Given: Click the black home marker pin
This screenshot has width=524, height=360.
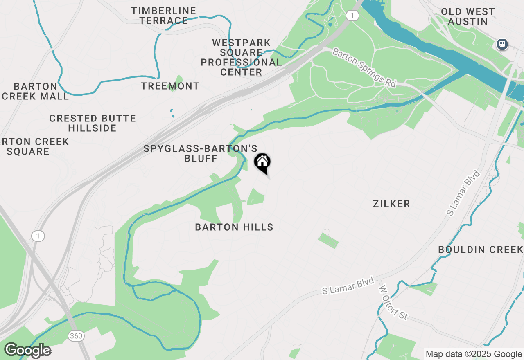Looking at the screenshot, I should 262,163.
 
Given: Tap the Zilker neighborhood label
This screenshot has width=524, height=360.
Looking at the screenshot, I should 391,204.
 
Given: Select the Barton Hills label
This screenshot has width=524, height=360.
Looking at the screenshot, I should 234,227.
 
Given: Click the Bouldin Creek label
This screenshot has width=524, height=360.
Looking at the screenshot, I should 481,250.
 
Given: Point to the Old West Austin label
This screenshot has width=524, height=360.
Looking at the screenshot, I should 468,16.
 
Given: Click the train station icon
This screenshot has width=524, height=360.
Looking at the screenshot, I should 502,44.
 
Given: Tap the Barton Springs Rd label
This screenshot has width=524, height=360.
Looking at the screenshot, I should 364,67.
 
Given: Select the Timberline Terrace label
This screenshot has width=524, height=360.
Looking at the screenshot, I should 164,16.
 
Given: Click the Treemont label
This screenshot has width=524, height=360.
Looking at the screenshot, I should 170,86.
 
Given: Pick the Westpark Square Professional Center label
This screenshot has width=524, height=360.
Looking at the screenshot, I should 241,57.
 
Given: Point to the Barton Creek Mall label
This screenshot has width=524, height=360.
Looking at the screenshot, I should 35,91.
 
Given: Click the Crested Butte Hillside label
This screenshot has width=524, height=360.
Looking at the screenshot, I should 93,123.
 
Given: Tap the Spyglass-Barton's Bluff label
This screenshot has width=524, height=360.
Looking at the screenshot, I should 201,153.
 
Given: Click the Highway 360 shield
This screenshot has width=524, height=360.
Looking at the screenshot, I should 76,336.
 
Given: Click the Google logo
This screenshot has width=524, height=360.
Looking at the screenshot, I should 27,351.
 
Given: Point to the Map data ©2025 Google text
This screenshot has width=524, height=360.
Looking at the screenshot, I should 474,354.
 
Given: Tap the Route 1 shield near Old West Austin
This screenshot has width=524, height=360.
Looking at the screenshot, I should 352,16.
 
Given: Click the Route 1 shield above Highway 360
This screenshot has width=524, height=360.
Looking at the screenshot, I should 38,236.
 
